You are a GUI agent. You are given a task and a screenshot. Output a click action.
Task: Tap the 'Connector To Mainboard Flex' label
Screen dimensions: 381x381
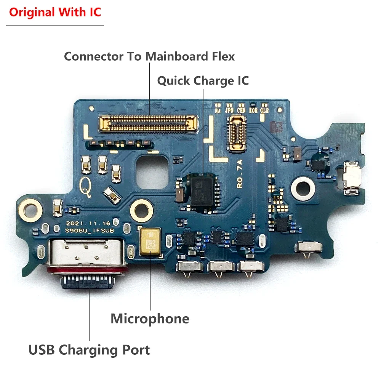149,56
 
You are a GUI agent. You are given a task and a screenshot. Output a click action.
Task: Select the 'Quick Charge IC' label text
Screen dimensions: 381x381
203,81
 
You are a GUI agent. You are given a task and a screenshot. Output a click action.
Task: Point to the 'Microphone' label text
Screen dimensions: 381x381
150,319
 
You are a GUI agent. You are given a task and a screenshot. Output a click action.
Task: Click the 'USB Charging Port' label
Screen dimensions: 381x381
89,350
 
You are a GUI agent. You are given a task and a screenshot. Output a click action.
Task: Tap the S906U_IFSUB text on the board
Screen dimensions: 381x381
89,231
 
